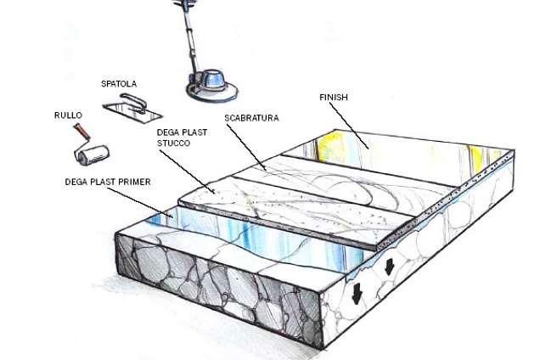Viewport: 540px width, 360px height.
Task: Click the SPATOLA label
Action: click(119, 84)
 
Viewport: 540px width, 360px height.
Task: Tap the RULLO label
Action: click(68, 115)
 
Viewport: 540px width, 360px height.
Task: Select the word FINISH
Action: click(334, 97)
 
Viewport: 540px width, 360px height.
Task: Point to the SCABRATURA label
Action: click(251, 118)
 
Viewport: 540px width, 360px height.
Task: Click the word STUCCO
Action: click(173, 143)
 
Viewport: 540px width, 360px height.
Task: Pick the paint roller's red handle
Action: click(82, 132)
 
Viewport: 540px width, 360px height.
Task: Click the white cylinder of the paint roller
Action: click(93, 155)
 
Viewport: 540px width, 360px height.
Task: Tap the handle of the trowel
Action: click(133, 103)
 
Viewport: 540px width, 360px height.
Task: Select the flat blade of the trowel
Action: click(132, 112)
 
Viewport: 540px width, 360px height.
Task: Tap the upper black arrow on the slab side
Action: click(389, 267)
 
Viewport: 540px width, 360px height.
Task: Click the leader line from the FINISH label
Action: click(349, 126)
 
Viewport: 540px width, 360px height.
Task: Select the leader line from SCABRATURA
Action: click(246, 148)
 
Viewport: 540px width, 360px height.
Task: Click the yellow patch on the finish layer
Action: click(327, 146)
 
